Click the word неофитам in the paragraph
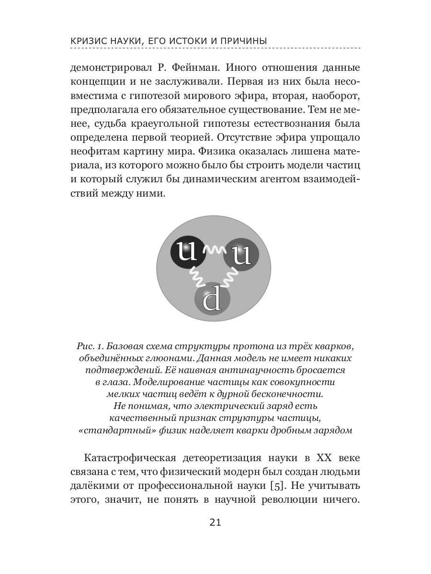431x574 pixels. pyautogui.click(x=94, y=152)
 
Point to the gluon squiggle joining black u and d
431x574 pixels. pyautogui.click(x=197, y=276)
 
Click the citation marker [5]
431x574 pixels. pyautogui.click(x=278, y=486)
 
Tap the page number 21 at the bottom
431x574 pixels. pyautogui.click(x=215, y=522)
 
